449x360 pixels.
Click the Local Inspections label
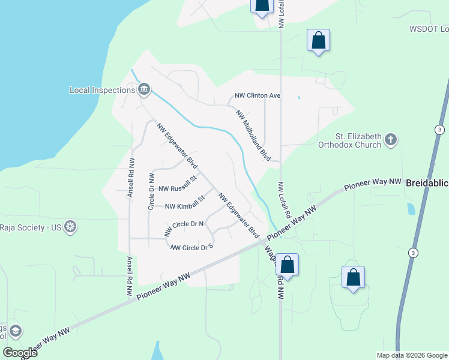[102, 90]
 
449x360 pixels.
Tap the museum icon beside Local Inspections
[144, 90]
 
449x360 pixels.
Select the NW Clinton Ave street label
[258, 96]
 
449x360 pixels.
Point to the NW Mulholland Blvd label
[253, 135]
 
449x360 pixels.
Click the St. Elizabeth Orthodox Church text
[350, 140]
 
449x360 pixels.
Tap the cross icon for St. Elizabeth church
[391, 140]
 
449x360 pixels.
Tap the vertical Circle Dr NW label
[151, 191]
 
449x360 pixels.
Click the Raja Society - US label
[31, 227]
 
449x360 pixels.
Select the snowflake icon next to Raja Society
[70, 227]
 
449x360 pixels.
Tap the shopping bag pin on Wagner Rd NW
[288, 265]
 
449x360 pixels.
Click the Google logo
[20, 352]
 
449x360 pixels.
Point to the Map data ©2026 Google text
[411, 355]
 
